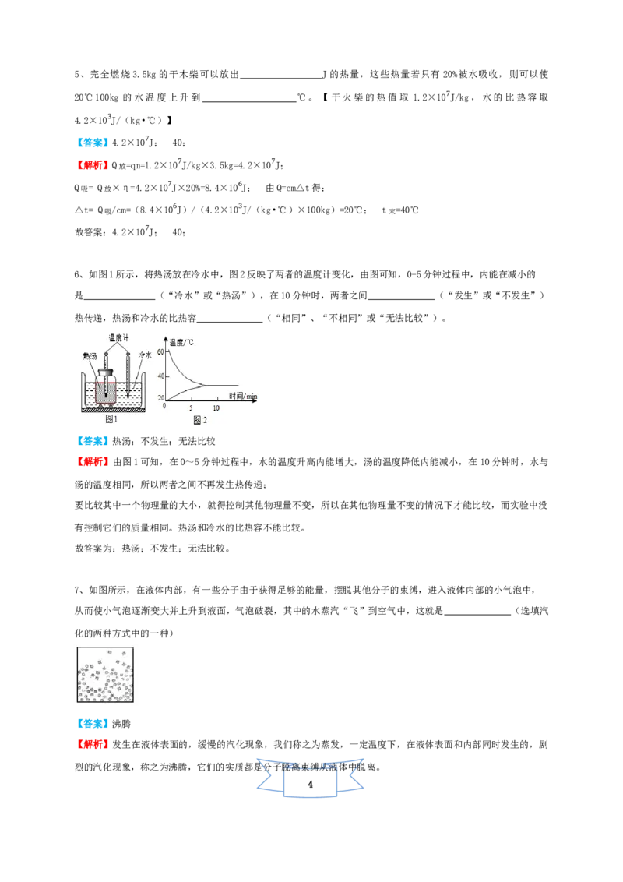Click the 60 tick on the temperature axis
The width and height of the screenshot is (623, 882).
point(160,351)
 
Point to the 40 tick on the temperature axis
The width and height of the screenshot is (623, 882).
point(160,376)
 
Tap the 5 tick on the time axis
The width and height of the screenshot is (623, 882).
point(191,407)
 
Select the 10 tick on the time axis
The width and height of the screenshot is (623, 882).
point(216,407)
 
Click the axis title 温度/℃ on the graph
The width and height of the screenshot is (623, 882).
point(181,342)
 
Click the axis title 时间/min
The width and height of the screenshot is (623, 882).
point(243,396)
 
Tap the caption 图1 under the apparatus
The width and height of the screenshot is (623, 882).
point(111,418)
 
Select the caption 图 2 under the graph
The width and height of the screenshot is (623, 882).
point(200,420)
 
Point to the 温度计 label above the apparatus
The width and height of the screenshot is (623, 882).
point(118,337)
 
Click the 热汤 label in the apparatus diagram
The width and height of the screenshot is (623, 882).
point(90,356)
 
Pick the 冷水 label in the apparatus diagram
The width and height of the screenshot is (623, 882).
point(145,355)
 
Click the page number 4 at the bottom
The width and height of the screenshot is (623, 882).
point(311,784)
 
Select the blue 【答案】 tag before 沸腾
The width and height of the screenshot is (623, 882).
point(93,723)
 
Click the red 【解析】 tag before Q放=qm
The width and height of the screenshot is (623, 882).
point(93,165)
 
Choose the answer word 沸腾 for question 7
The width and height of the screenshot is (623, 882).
point(121,723)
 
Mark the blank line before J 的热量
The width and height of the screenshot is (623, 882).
point(280,79)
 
